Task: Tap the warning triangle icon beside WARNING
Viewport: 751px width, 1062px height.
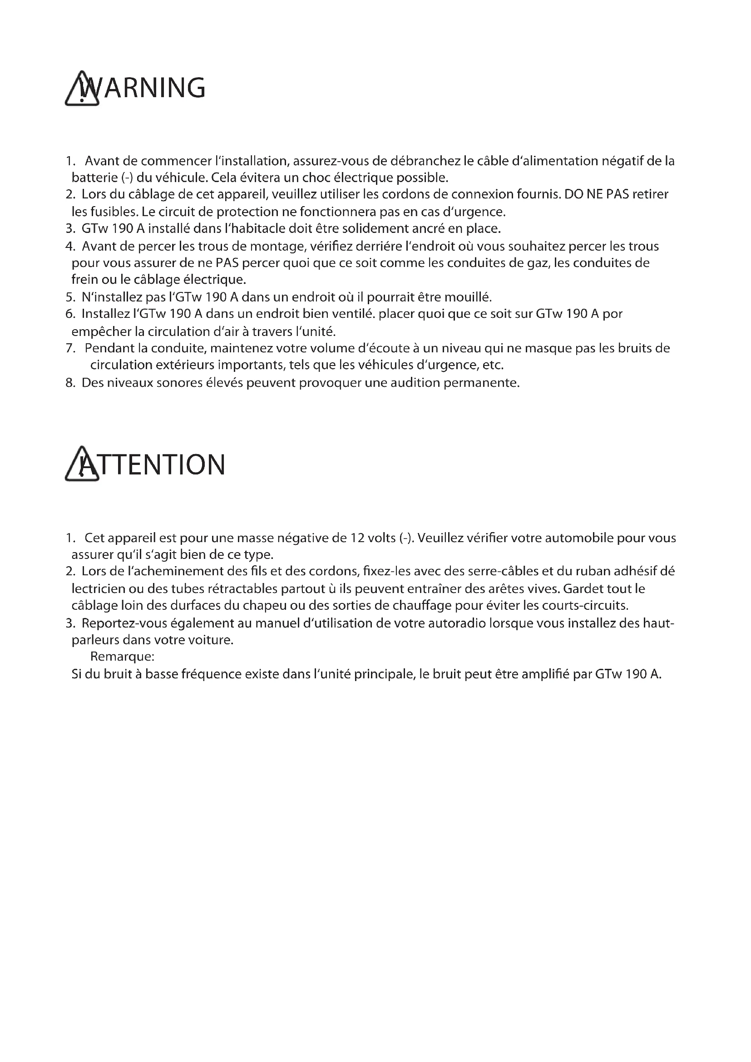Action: (x=81, y=89)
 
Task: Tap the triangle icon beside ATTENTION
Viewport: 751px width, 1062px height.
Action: (x=81, y=465)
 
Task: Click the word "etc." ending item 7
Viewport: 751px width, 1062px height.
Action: (x=493, y=366)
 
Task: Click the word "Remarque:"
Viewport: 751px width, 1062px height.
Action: (x=122, y=657)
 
